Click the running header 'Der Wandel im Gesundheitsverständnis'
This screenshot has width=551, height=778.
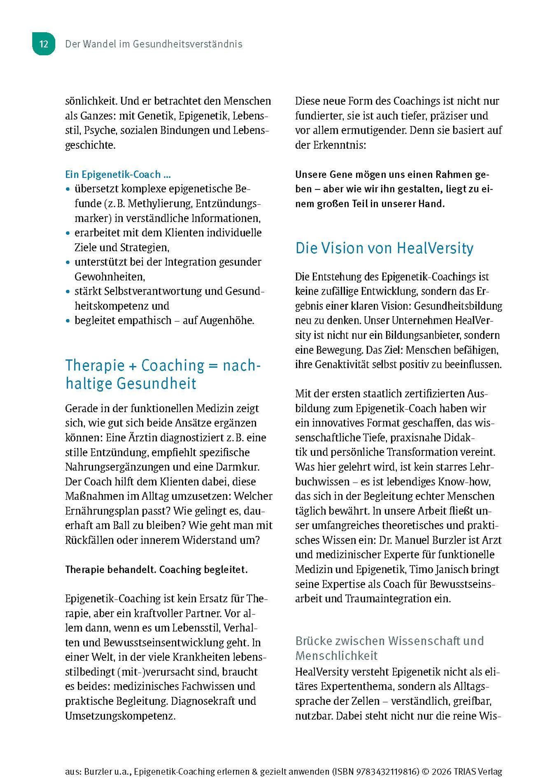pyautogui.click(x=153, y=44)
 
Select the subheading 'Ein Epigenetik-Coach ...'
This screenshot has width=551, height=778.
pyautogui.click(x=118, y=174)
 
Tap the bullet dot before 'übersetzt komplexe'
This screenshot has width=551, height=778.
pyautogui.click(x=68, y=189)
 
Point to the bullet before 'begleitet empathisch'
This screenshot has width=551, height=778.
pyautogui.click(x=68, y=321)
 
